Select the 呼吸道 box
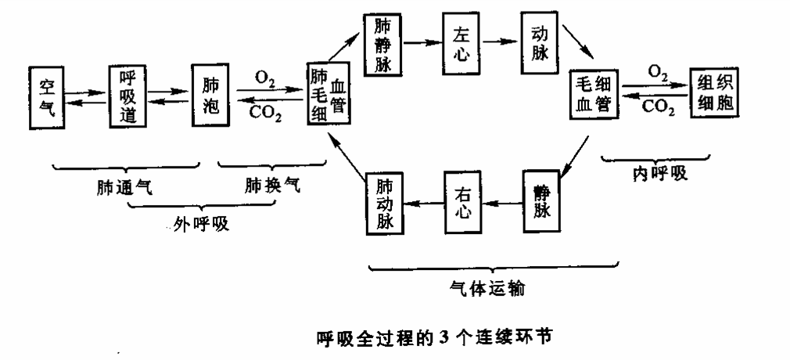point(129,97)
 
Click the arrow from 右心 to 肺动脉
point(423,203)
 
